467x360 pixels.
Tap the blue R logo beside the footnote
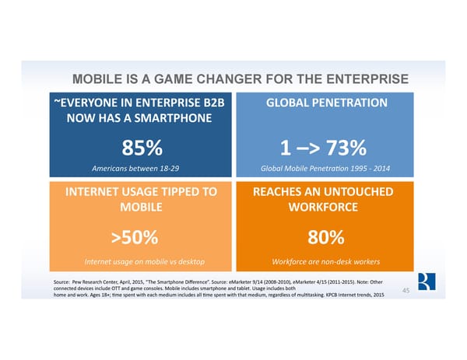(424, 281)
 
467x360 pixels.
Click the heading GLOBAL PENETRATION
(326, 103)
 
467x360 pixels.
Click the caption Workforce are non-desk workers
(326, 260)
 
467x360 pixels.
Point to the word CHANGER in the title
(228, 79)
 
